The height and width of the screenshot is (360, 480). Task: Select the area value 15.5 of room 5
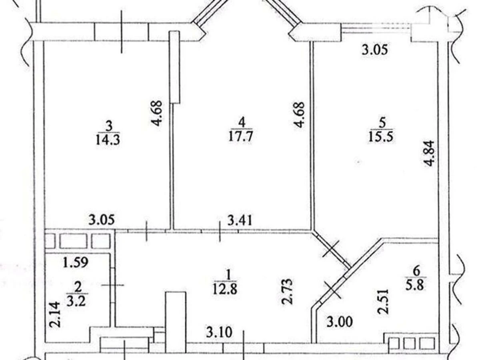382,136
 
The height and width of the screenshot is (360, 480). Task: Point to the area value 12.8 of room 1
228,288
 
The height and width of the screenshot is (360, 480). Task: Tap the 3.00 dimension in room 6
340,322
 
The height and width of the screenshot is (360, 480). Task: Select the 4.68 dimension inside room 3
158,113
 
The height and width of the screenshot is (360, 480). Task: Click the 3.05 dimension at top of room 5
375,50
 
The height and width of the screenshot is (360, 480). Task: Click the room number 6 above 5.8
416,272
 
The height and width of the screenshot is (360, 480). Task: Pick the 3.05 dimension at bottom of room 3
102,220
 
